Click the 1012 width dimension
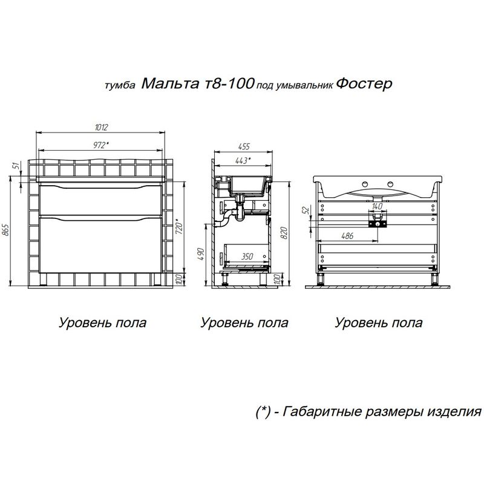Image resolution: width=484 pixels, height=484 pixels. point(101,127)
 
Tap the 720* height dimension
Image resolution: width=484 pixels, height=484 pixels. point(178,227)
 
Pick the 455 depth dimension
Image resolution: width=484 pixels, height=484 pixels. point(243,147)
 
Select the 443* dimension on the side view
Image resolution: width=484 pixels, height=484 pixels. point(243,161)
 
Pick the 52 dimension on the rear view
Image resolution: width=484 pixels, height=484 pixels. point(306,211)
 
